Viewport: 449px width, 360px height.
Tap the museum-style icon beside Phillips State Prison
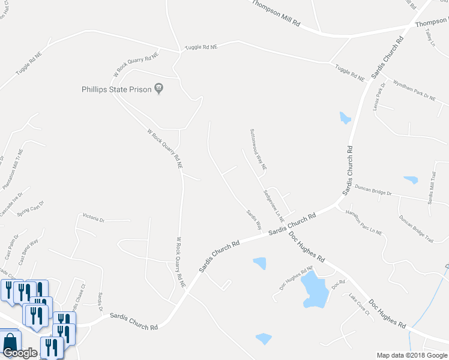point(159,89)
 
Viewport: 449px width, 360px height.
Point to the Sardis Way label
point(254,218)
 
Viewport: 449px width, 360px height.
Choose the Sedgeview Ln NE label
point(273,206)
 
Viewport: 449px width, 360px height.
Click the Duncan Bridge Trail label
point(415,230)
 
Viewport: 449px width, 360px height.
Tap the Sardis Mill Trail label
point(431,188)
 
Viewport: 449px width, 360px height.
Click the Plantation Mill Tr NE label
point(13,169)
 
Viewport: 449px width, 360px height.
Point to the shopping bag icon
point(10,341)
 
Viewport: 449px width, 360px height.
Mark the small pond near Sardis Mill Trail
point(411,179)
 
